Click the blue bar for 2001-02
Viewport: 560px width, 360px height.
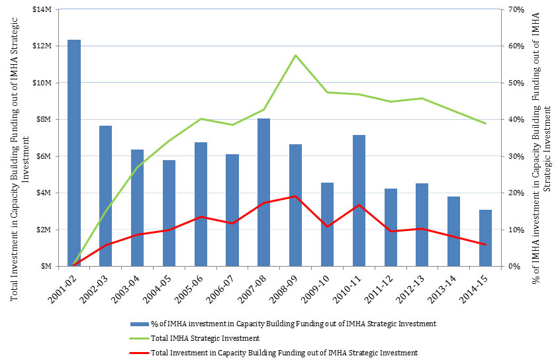coord(75,153)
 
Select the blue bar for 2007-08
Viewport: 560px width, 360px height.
coord(264,193)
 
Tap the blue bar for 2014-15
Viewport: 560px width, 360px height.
coord(485,238)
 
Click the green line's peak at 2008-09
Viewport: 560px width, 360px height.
coord(295,55)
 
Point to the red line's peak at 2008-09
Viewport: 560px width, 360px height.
coord(295,197)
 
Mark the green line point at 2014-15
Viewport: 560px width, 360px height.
coord(485,124)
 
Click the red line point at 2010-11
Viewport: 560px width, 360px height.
coord(359,205)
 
